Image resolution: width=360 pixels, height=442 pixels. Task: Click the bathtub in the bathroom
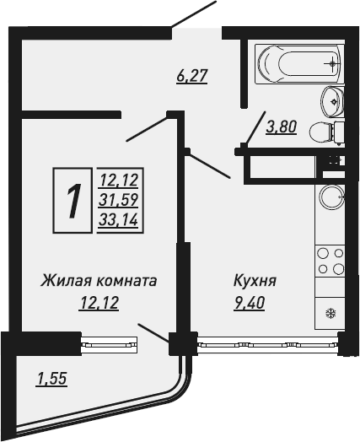(299, 64)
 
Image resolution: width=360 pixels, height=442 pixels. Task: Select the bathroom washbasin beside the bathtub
(333, 101)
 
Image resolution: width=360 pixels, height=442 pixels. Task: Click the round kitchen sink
(331, 197)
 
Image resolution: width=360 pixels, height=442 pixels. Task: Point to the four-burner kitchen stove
(330, 261)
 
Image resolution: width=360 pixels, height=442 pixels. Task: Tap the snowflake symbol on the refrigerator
(330, 314)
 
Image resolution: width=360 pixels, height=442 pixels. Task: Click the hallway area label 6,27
(192, 76)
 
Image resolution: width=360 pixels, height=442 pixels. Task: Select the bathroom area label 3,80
(282, 127)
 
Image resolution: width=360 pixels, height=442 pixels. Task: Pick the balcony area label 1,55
(51, 378)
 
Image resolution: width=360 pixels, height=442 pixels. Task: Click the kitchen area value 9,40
(249, 304)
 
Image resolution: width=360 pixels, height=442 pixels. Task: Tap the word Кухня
(255, 281)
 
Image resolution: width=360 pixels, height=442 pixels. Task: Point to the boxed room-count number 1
(73, 201)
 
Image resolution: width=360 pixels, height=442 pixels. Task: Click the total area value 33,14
(118, 219)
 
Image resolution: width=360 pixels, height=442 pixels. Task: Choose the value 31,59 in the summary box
(118, 200)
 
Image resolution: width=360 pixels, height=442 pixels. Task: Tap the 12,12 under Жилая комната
(99, 304)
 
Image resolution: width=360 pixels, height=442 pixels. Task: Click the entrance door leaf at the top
(194, 14)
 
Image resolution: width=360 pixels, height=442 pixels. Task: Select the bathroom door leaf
(255, 128)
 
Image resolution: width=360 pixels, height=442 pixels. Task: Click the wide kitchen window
(267, 344)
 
